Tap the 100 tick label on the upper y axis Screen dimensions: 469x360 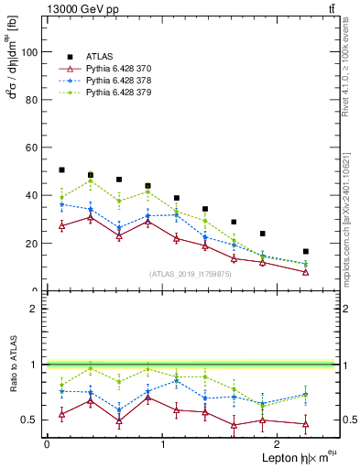click(x=29, y=52)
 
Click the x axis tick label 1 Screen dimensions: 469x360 click(x=163, y=445)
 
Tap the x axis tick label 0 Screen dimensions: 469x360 click(x=47, y=445)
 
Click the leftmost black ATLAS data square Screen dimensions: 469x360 click(x=61, y=170)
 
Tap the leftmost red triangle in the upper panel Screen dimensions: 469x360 click(x=61, y=225)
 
